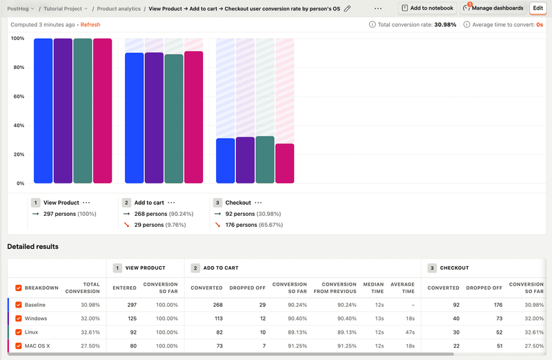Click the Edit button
point(538,8)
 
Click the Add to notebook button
point(428,8)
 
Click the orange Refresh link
point(90,24)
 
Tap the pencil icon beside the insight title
point(347,9)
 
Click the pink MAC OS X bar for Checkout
point(284,163)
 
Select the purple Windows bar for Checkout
point(245,160)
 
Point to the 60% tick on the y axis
point(18,97)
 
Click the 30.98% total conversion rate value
point(445,24)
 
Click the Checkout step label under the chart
point(239,203)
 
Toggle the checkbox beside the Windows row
point(19,319)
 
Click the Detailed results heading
point(33,246)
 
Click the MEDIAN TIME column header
point(373,287)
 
